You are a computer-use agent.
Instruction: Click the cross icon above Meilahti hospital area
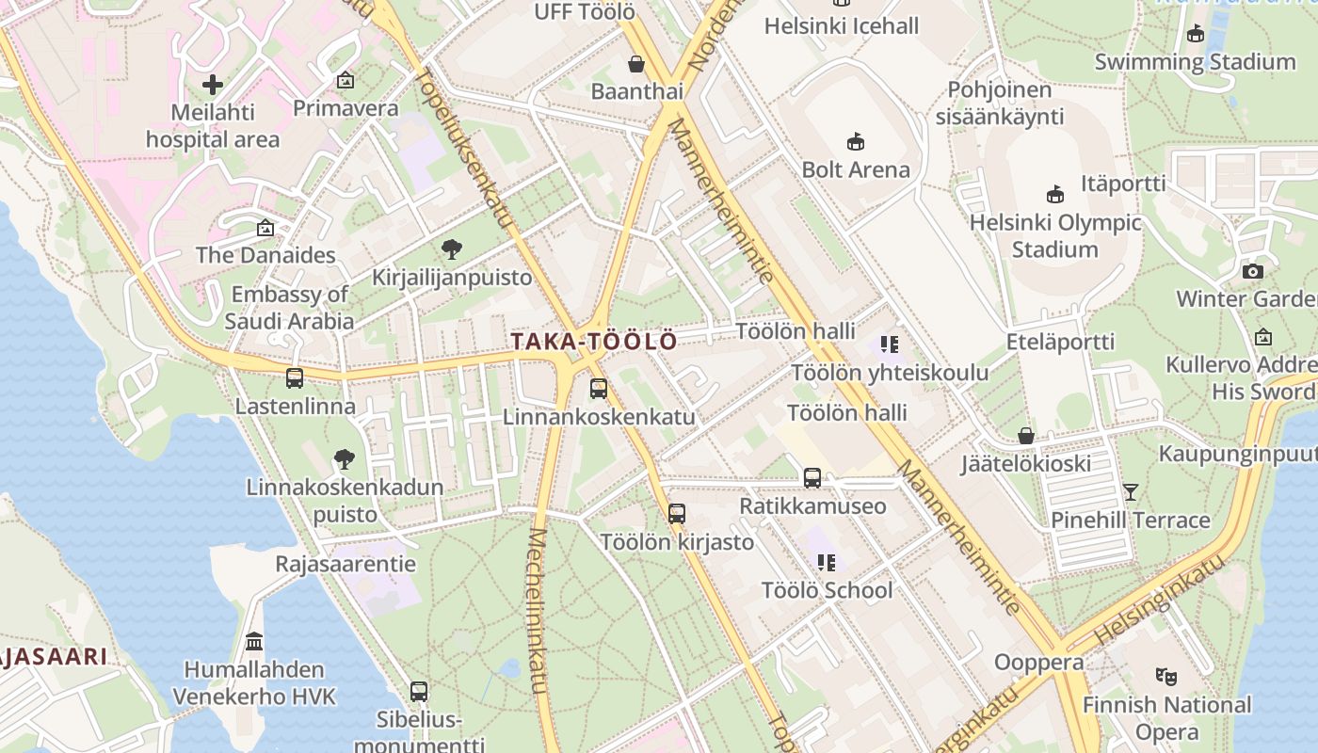click(x=213, y=85)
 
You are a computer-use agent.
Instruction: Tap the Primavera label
click(x=346, y=108)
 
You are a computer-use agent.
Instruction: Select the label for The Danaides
click(x=265, y=255)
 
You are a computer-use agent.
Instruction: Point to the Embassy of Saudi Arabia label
click(x=290, y=308)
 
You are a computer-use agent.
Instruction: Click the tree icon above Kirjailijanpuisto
click(x=452, y=249)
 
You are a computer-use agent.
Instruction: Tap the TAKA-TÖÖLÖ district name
click(x=594, y=342)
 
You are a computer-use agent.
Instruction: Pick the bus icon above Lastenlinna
click(x=295, y=378)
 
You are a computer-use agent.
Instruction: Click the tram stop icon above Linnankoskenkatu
click(x=599, y=388)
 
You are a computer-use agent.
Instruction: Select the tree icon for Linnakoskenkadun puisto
click(x=345, y=459)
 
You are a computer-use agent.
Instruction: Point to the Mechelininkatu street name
click(x=538, y=611)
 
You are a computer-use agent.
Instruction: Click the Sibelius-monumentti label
click(x=419, y=732)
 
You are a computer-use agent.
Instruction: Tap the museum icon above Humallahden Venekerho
click(x=254, y=642)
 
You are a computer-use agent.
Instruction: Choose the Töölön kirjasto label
click(x=677, y=542)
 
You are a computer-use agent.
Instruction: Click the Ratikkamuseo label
click(x=812, y=506)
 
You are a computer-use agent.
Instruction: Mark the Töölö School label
click(x=827, y=590)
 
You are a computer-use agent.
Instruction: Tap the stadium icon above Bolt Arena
click(x=856, y=142)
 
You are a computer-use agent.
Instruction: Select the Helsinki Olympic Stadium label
click(x=1054, y=236)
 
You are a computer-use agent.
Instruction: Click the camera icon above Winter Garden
click(x=1252, y=272)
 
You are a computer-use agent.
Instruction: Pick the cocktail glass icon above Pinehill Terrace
click(x=1130, y=491)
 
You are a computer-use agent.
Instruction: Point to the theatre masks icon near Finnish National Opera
click(x=1166, y=676)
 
